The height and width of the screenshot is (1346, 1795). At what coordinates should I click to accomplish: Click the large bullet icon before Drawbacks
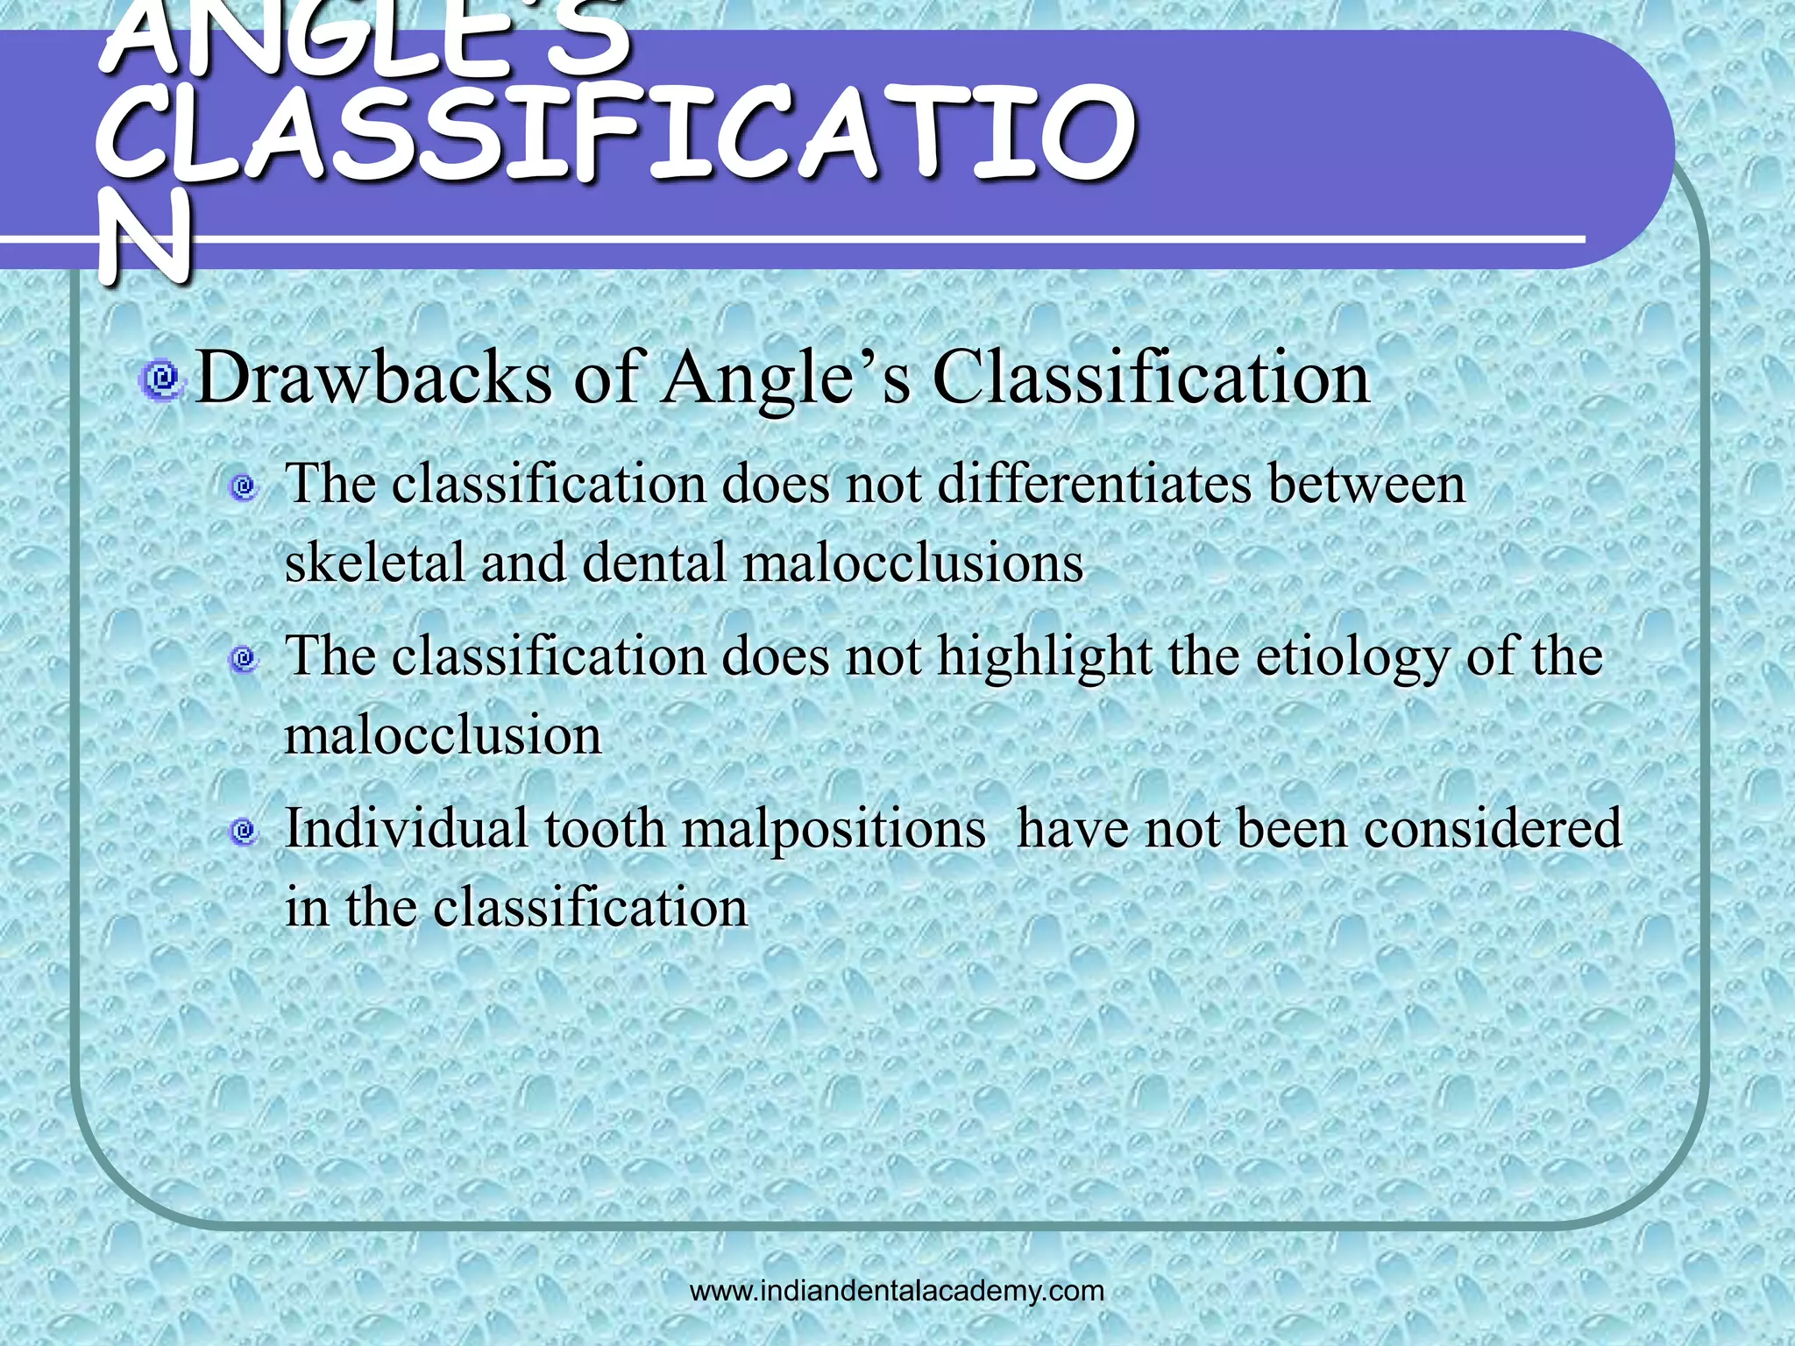pyautogui.click(x=161, y=379)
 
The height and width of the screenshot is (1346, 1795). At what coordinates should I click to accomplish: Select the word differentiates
pyautogui.click(x=1095, y=484)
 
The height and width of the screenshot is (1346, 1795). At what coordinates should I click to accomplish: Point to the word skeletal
pyautogui.click(x=374, y=562)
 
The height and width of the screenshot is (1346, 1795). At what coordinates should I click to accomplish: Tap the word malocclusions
pyautogui.click(x=912, y=562)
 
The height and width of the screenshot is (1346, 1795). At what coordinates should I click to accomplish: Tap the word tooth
pyautogui.click(x=605, y=828)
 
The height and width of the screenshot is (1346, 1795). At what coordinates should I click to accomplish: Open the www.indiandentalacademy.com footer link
pyautogui.click(x=897, y=1291)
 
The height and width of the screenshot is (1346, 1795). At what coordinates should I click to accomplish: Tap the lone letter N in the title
pyautogui.click(x=145, y=237)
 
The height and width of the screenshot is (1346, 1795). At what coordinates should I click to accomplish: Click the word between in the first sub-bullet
pyautogui.click(x=1366, y=484)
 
